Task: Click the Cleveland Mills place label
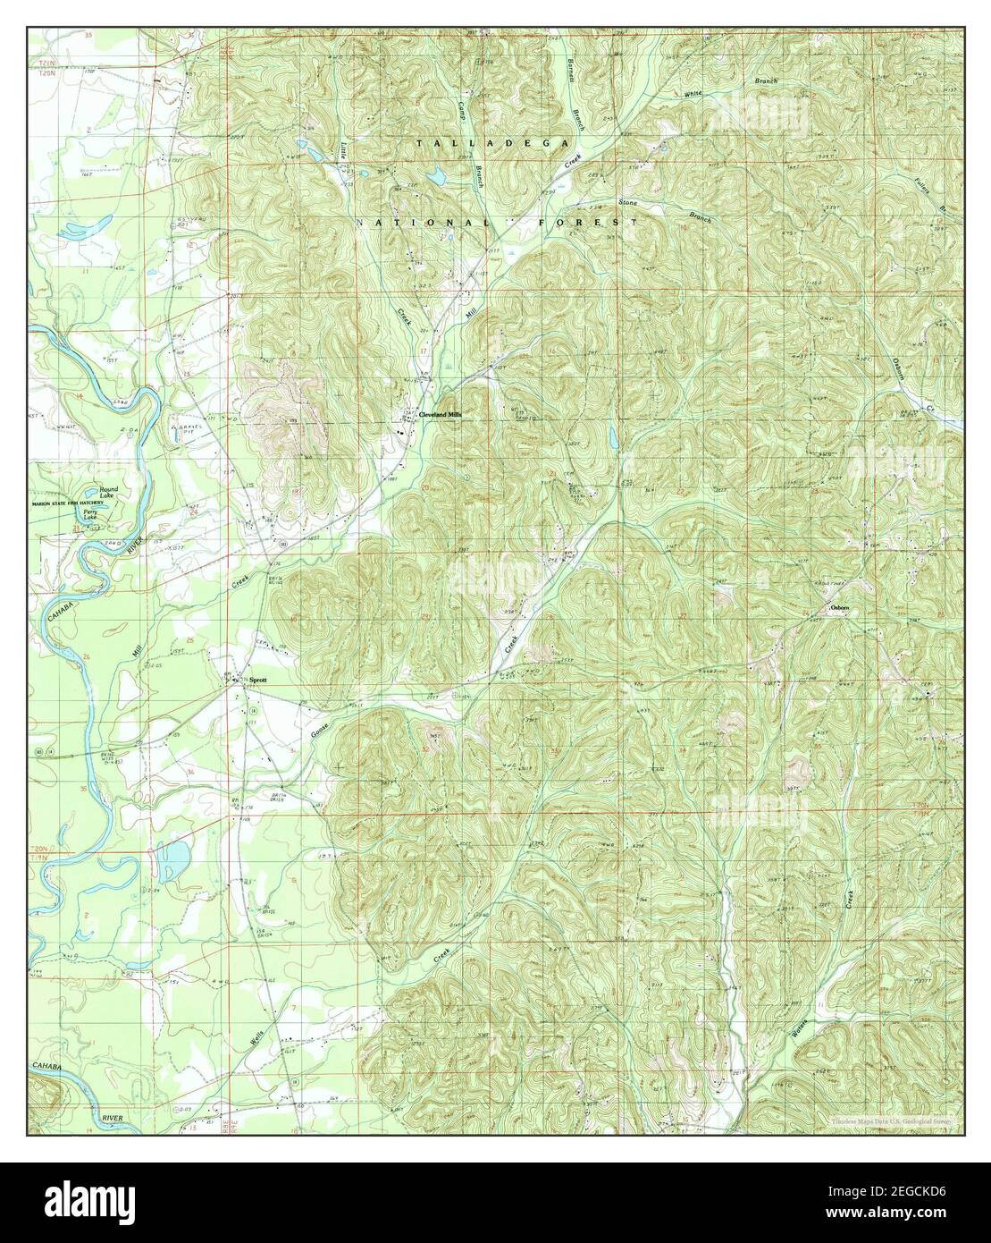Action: (x=440, y=415)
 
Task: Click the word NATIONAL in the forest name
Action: (x=424, y=221)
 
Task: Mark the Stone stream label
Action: (x=629, y=205)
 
